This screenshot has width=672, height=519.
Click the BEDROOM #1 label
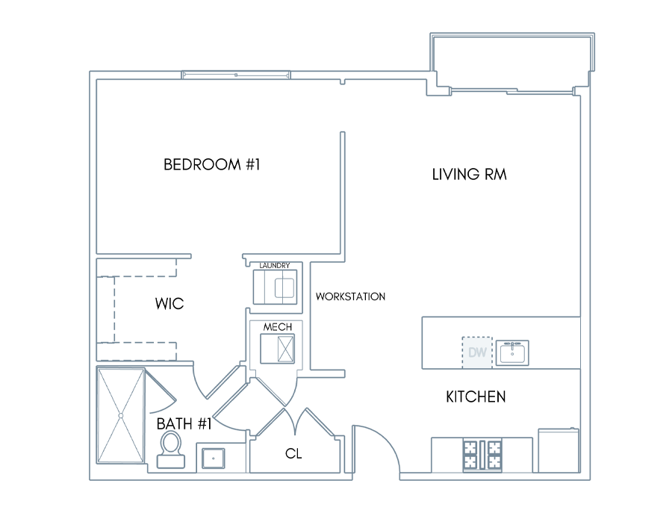click(x=212, y=164)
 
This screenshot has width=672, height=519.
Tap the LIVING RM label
click(x=470, y=175)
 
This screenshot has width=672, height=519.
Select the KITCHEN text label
click(x=476, y=397)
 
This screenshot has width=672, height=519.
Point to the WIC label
click(x=169, y=304)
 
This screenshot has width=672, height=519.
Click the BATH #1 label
click(x=184, y=424)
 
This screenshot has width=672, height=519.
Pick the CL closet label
click(x=293, y=453)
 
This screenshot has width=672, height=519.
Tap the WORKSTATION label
click(x=351, y=296)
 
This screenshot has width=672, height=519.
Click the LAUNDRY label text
click(x=275, y=266)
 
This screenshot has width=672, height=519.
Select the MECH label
click(x=278, y=327)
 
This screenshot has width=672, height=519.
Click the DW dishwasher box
click(x=477, y=352)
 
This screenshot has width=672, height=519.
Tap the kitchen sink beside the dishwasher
click(x=512, y=352)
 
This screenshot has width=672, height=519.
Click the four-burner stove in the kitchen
click(x=482, y=455)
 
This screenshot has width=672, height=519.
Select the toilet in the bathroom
click(x=171, y=449)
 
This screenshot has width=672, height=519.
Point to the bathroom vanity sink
click(x=213, y=459)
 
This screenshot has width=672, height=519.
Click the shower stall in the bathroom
click(x=121, y=416)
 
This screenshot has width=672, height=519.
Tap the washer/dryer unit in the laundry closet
click(x=275, y=288)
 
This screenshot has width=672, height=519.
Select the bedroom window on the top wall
click(x=236, y=75)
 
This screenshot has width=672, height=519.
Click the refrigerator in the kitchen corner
click(x=559, y=450)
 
